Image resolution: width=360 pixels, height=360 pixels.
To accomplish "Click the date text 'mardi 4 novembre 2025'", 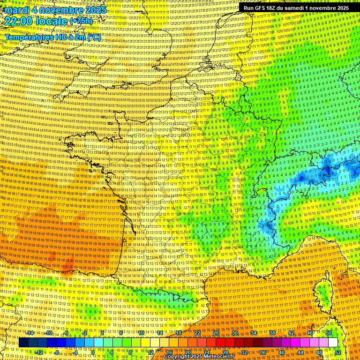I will coord(55,10).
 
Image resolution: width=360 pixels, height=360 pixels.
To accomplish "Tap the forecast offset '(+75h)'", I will coord(82,21).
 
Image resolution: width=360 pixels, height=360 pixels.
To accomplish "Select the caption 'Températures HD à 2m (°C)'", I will coord(53,37).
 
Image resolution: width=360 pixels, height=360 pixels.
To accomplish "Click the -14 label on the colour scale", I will coord(31,333).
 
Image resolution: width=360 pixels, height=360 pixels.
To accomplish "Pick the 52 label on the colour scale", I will coord(338,352).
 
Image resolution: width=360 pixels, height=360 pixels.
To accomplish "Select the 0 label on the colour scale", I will coord(93,352).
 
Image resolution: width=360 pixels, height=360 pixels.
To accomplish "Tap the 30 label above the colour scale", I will coord(235,333).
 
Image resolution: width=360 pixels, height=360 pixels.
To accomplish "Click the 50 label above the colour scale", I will coord(329,333).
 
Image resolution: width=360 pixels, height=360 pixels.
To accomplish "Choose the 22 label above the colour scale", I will coord(197,333).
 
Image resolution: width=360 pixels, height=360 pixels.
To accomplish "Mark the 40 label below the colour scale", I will coord(282,352).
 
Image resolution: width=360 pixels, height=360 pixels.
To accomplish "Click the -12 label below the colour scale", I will coord(39,352).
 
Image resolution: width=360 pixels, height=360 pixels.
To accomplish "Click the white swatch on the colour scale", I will coord(333,343).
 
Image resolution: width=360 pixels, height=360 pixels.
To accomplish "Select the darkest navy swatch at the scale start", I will coord(23,343).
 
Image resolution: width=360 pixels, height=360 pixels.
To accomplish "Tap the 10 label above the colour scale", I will coord(141,333).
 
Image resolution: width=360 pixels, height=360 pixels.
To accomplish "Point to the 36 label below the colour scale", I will coord(263,352).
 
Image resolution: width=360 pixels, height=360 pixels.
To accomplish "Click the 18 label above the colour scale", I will coord(178,333).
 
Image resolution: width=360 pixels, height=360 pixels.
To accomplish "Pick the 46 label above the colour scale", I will coord(310,333).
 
